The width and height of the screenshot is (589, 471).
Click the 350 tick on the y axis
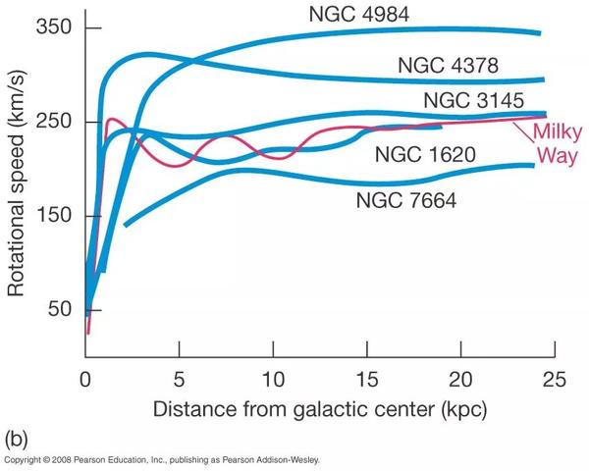click(54, 27)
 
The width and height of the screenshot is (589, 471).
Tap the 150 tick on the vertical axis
click(54, 215)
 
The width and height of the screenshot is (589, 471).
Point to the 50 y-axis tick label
click(60, 309)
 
